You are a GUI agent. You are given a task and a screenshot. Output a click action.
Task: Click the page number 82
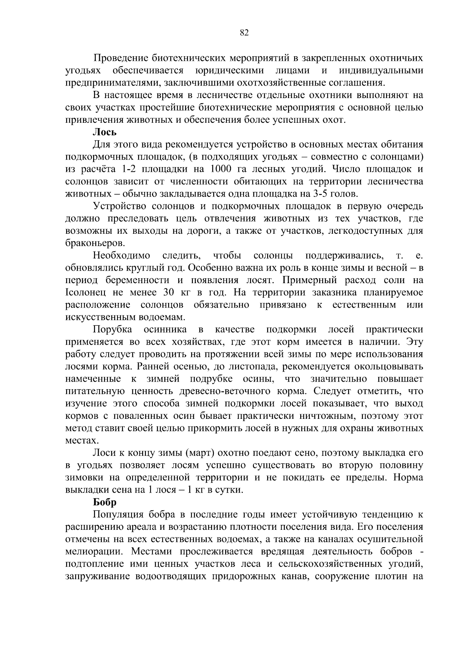245,33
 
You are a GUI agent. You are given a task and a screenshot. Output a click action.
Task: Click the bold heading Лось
104,132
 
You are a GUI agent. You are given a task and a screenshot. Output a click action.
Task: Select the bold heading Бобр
105,502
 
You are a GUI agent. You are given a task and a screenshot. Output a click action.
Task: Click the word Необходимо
122,255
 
